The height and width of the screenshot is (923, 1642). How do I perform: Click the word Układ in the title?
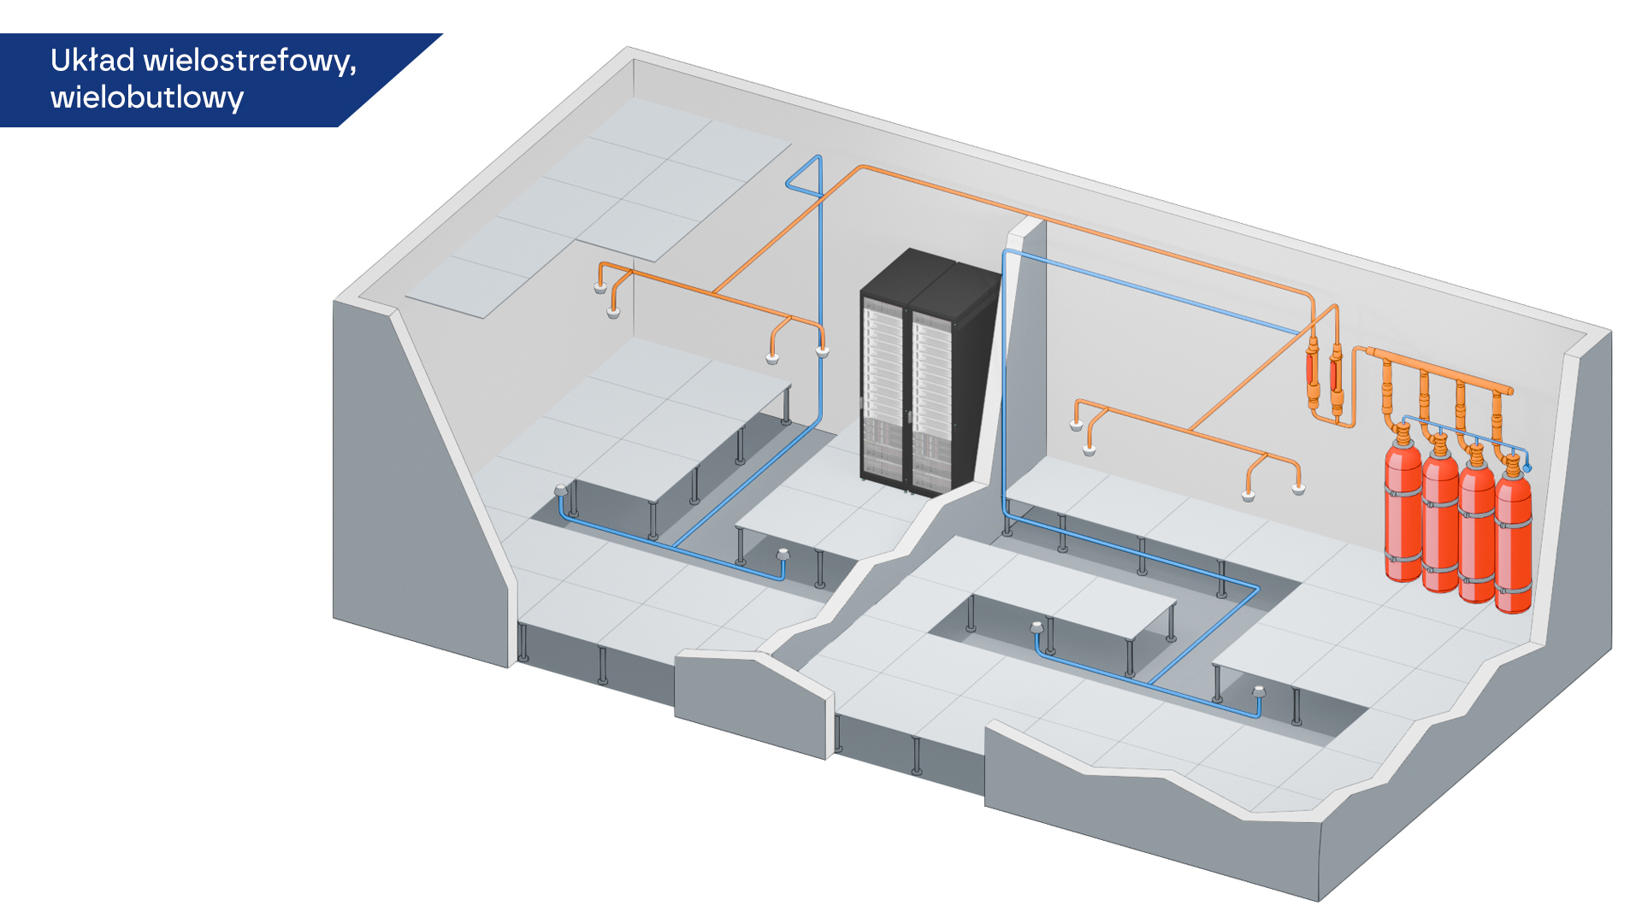point(92,61)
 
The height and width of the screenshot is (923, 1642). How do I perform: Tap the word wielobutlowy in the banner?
point(147,97)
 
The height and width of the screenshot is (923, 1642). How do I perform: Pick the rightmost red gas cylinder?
point(1513,538)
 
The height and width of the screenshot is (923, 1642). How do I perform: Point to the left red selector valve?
point(1313,372)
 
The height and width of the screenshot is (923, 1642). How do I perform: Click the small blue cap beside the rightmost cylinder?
point(1527,467)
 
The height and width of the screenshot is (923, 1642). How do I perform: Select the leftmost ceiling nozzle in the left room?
point(600,288)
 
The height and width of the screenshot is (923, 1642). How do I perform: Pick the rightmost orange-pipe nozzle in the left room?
point(823,350)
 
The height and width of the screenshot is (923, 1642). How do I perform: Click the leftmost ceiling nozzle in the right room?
point(1077,425)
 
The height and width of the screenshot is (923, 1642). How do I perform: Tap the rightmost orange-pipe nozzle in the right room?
point(1299,489)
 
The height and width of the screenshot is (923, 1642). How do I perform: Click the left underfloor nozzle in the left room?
point(561,491)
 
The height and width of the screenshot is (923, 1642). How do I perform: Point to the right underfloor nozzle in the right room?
point(1259,691)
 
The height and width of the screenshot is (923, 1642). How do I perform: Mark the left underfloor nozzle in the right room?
point(1037,627)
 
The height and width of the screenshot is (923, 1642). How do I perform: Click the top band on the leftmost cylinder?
point(1403,492)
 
